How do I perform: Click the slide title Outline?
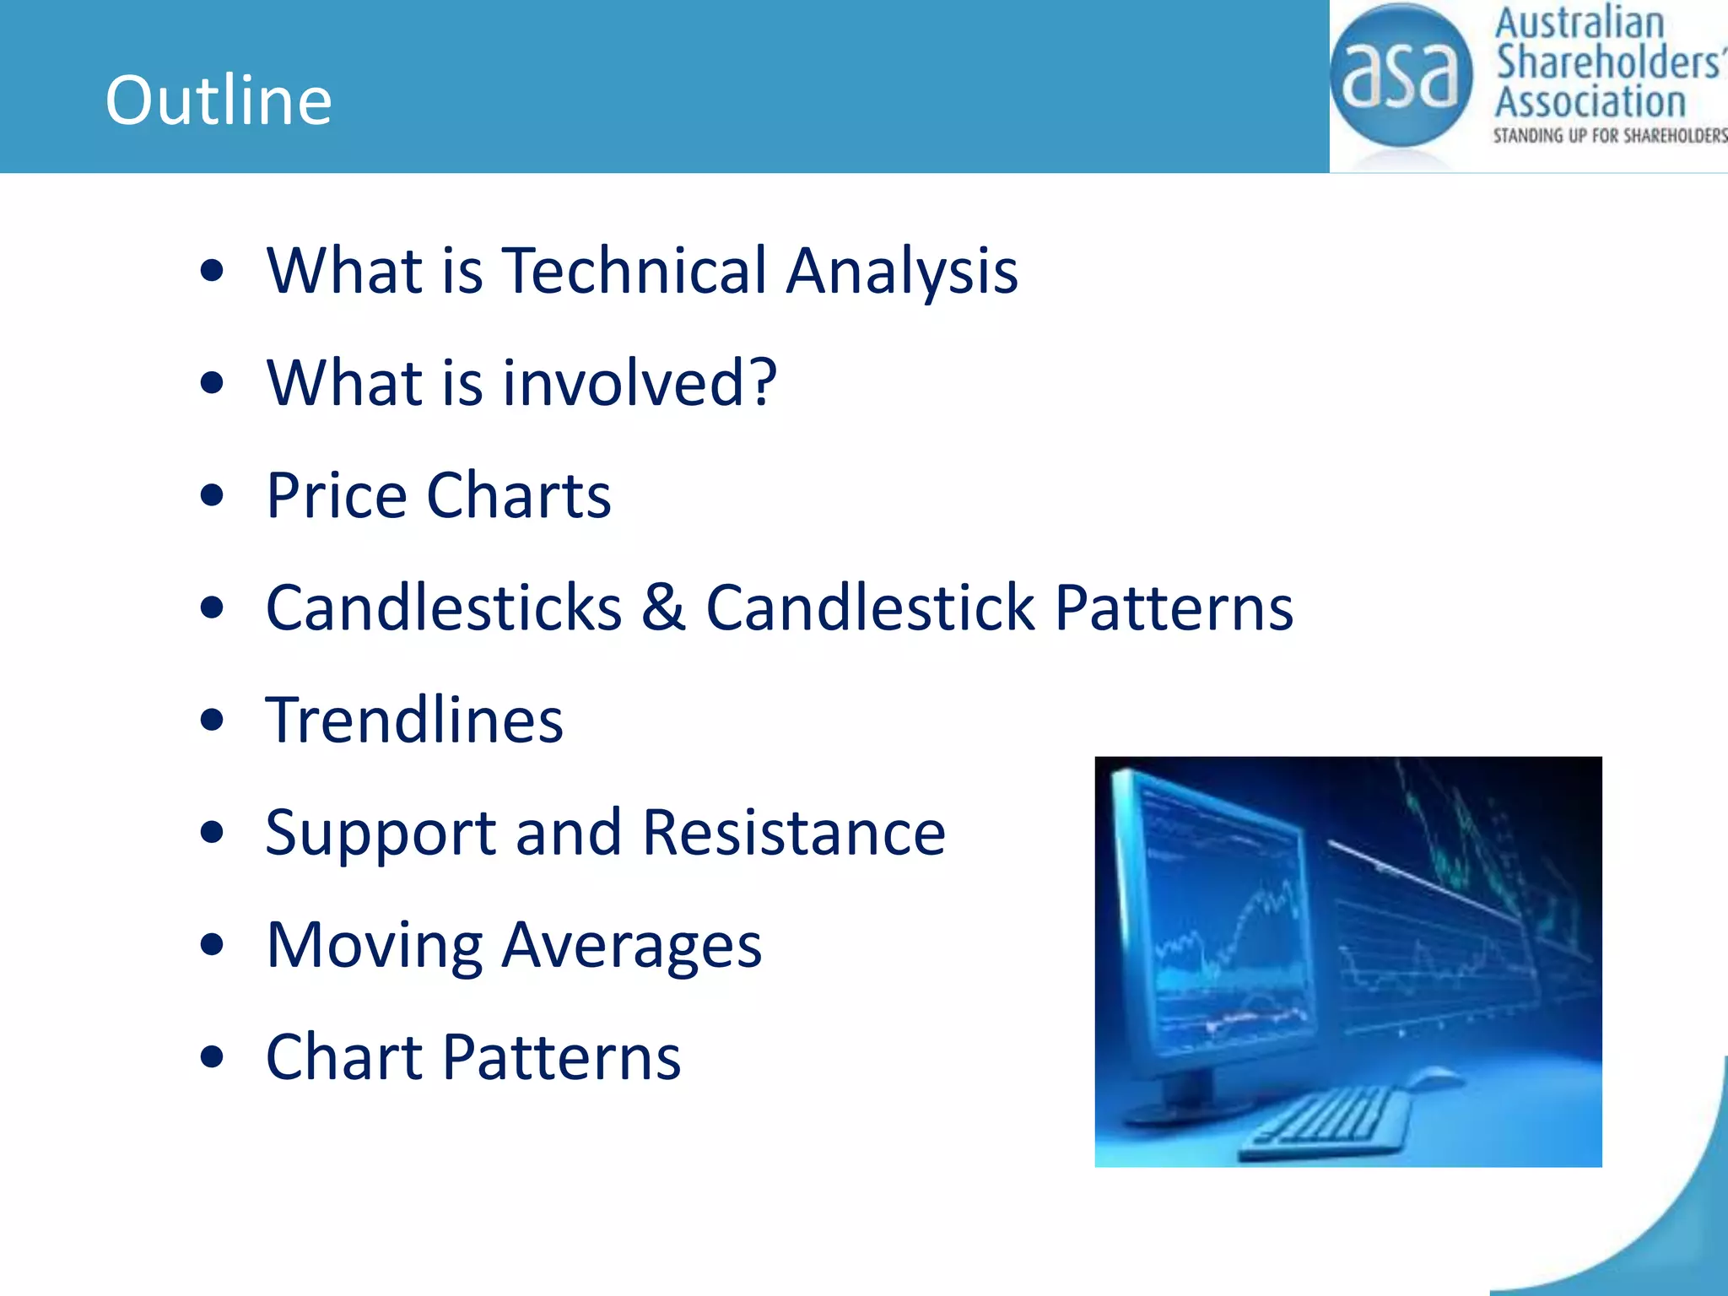tap(219, 100)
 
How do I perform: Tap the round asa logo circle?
tap(1400, 76)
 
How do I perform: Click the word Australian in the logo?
tap(1579, 24)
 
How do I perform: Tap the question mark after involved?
tap(762, 382)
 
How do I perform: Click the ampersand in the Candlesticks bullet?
tap(663, 607)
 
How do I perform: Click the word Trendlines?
tap(414, 721)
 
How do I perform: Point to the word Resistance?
tap(793, 833)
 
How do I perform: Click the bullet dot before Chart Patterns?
tap(212, 1057)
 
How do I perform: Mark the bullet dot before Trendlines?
tap(212, 721)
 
